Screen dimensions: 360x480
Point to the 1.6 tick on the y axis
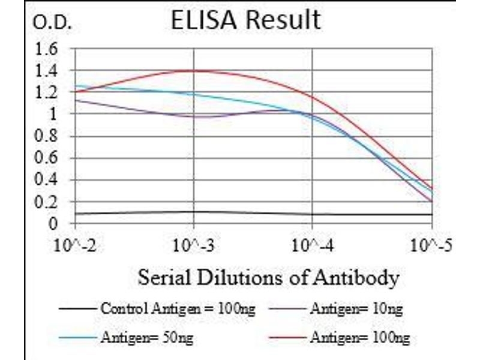point(48,49)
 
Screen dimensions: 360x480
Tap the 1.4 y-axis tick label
point(48,71)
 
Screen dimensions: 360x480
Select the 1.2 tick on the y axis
point(48,93)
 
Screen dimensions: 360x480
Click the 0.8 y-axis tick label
point(48,137)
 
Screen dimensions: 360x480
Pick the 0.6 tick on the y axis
point(48,158)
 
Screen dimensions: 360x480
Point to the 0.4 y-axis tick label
point(48,180)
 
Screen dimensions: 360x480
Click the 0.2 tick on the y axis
point(48,202)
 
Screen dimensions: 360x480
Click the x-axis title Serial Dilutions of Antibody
point(268,278)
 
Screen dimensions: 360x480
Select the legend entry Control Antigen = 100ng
point(178,310)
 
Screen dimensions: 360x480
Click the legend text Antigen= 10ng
point(356,310)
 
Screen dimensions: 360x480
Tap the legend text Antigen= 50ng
point(148,338)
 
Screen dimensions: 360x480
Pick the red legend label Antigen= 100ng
point(359,338)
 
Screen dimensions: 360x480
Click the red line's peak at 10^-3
point(194,70)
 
